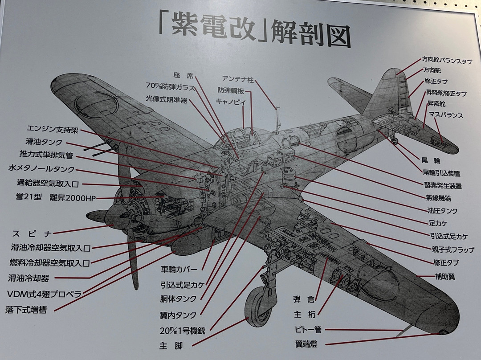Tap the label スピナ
(x=33, y=233)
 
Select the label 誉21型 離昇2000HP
(x=56, y=197)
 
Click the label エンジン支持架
(x=53, y=130)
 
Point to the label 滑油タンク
(x=44, y=143)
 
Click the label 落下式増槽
(x=26, y=309)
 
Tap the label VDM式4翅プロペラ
(x=45, y=294)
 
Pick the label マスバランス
(x=446, y=115)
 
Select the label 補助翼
(x=445, y=277)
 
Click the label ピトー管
(x=307, y=330)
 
